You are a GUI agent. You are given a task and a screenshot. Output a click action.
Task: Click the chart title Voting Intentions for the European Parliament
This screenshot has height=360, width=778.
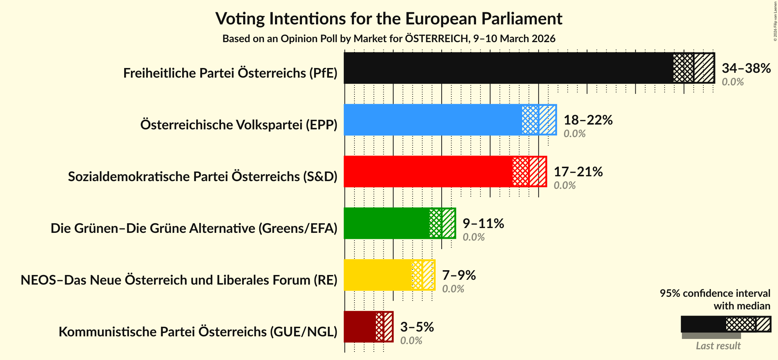pos(389,18)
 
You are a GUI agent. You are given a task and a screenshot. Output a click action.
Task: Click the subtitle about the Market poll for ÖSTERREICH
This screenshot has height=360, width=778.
pos(389,39)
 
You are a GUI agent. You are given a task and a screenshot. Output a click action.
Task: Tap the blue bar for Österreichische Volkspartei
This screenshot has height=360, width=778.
pos(432,120)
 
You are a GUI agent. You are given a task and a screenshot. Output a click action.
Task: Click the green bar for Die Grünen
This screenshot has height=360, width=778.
pos(386,223)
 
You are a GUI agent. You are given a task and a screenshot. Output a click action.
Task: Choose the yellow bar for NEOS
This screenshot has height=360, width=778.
pos(377,275)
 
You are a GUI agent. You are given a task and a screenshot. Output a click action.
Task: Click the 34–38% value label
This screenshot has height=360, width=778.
pos(746,68)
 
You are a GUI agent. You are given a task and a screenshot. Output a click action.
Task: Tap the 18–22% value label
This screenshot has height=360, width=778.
pos(588,120)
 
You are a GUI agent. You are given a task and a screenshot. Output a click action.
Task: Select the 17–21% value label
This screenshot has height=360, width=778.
pos(578,171)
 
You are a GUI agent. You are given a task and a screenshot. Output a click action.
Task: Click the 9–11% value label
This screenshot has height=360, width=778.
pos(483,223)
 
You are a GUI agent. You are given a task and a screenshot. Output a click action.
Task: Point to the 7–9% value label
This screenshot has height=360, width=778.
pos(459,275)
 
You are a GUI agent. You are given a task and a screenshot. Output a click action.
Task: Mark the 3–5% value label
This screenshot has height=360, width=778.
pos(417,327)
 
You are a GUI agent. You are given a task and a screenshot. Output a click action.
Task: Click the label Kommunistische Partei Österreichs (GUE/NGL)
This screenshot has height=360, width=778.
pos(198,332)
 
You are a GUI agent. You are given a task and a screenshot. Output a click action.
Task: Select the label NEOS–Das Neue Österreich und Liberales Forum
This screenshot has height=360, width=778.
pos(179,280)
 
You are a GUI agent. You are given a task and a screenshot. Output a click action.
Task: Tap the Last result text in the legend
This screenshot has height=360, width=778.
pos(718,346)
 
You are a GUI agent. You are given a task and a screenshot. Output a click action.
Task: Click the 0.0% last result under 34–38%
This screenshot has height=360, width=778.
pos(732,82)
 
